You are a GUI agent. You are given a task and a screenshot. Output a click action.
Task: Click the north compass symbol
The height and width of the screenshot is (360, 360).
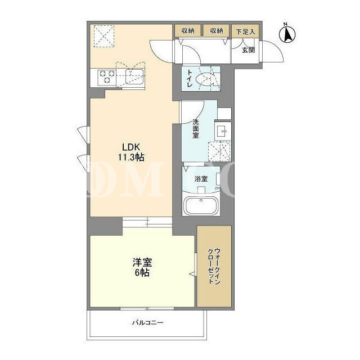tap(287, 34)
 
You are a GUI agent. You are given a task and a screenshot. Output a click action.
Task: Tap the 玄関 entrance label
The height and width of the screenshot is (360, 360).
tap(249, 50)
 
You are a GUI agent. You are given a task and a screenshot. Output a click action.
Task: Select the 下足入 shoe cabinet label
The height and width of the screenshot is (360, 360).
tap(245, 31)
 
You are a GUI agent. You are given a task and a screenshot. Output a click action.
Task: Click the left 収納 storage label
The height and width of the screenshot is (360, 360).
tap(188, 31)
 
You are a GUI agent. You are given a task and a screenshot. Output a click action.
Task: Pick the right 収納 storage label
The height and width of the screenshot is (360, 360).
tap(217, 31)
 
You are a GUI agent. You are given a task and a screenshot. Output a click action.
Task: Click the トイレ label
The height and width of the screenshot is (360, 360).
tap(190, 79)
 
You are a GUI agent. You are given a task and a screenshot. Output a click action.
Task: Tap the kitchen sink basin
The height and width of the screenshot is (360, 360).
tap(135, 76)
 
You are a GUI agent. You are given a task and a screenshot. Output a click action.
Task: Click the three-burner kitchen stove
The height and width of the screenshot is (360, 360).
tap(106, 77)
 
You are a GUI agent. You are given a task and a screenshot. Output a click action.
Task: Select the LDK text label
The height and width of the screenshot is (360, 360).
tap(131, 146)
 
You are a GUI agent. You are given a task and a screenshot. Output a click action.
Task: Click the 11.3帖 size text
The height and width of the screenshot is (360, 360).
tap(131, 157)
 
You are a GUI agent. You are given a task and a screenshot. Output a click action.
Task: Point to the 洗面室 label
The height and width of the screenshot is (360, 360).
tap(196, 129)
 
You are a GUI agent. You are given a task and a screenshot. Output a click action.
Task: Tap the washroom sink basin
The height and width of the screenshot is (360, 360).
tap(223, 131)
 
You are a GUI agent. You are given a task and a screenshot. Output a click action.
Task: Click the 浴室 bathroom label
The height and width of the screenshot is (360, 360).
tap(201, 179)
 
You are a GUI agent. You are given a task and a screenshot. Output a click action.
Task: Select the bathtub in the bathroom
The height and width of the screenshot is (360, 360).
tap(201, 206)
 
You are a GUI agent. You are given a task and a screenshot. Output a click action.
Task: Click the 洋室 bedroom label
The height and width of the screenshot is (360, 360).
tap(142, 263)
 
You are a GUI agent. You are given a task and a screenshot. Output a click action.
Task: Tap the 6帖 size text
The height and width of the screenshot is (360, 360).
tap(142, 273)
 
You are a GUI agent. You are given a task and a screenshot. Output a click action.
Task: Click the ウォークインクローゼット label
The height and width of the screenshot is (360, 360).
tap(214, 266)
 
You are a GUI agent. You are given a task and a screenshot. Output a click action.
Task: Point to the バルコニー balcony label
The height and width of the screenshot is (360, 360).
tap(148, 322)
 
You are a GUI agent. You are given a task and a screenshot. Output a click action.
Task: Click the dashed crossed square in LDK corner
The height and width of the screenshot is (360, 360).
tap(103, 36)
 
